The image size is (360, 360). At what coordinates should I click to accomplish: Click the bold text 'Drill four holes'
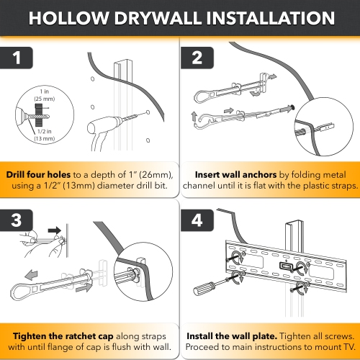[x=40, y=174]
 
